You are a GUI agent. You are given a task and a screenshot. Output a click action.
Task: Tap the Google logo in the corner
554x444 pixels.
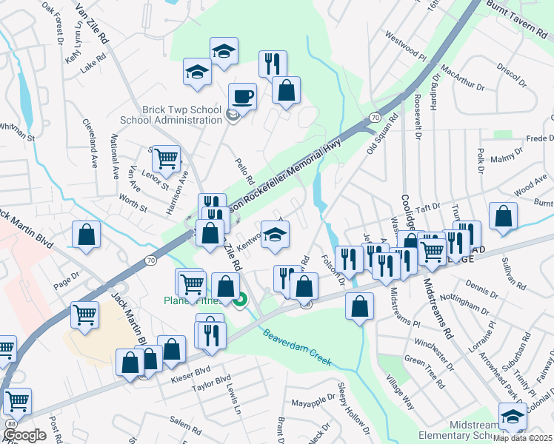pyautogui.click(x=24, y=434)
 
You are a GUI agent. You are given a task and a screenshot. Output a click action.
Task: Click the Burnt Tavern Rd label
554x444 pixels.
pyautogui.click(x=518, y=18)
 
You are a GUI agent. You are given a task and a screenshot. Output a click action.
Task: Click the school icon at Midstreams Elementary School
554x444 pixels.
pyautogui.click(x=512, y=415)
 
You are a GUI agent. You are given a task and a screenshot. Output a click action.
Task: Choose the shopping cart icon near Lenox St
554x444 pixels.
pyautogui.click(x=166, y=156)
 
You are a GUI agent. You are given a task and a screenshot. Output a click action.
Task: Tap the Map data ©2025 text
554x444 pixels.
pyautogui.click(x=523, y=438)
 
